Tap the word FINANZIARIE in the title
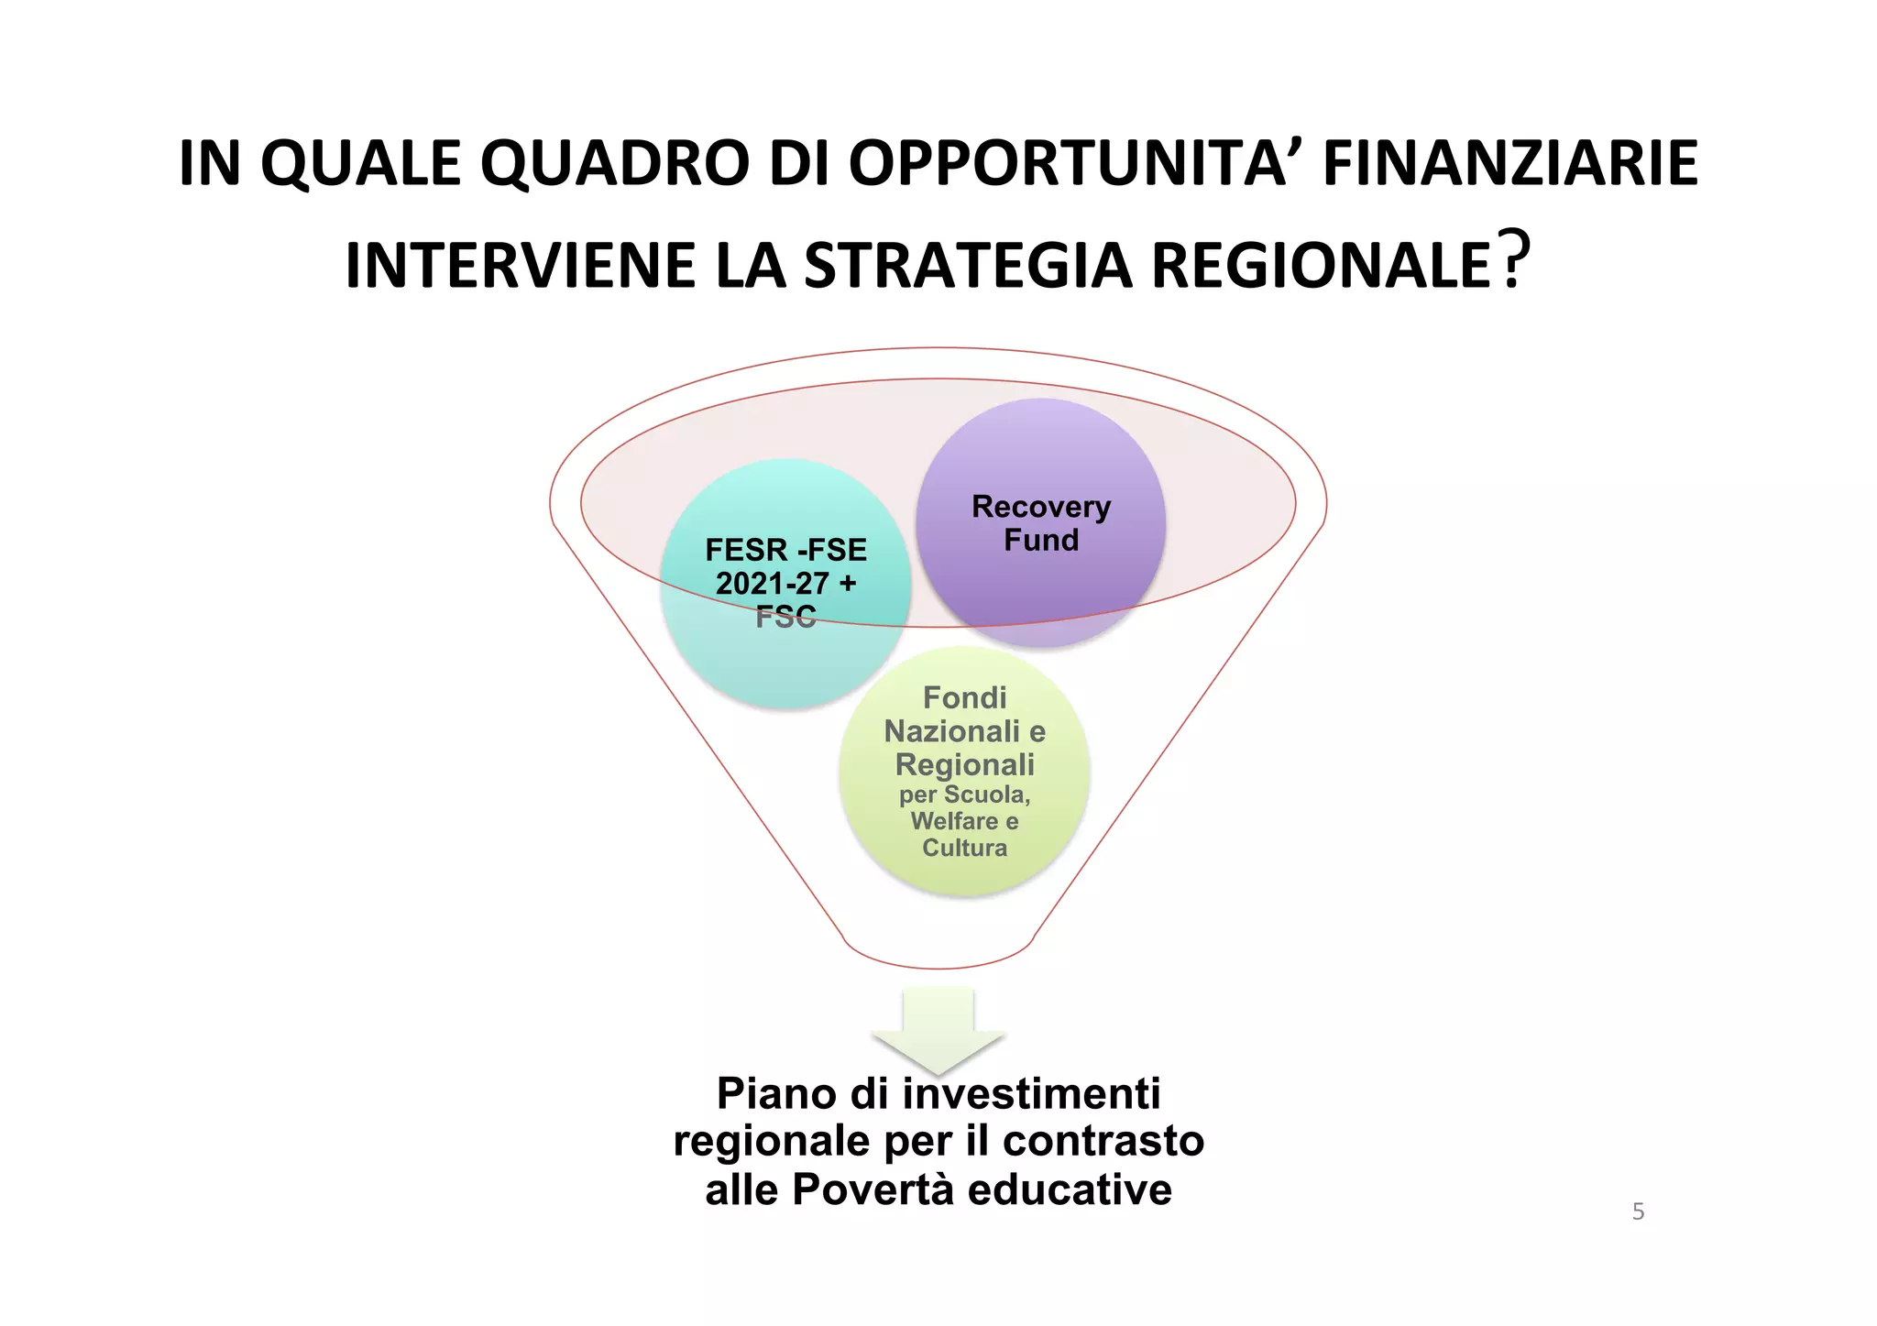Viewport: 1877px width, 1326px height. [x=1510, y=164]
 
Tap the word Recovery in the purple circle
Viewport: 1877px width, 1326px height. [x=1041, y=507]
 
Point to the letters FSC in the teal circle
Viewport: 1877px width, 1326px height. [x=785, y=618]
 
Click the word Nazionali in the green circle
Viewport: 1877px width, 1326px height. [x=951, y=731]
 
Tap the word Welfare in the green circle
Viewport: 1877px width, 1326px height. [x=953, y=821]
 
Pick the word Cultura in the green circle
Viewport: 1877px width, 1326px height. [x=964, y=848]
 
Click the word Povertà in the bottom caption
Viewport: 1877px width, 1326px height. [x=873, y=1189]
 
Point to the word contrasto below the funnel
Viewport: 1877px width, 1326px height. [x=1103, y=1142]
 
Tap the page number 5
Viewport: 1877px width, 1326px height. [x=1638, y=1211]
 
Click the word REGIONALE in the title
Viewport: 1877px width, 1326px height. [x=1320, y=267]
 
